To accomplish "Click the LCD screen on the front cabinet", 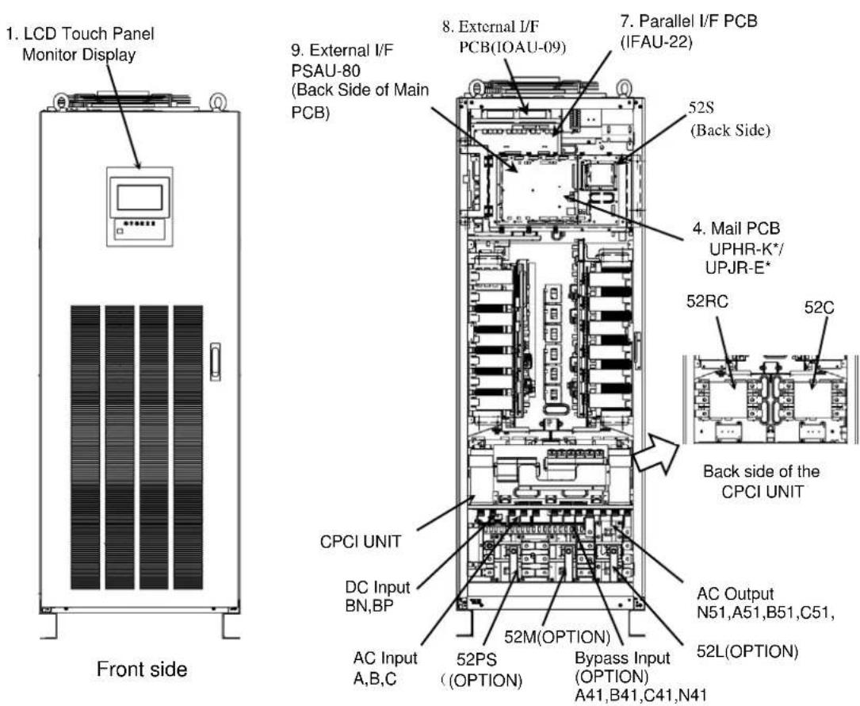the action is pos(140,198).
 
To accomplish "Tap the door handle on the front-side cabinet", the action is pos(216,362).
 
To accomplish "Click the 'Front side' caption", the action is pos(142,670).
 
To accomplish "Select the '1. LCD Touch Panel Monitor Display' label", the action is pos(80,44).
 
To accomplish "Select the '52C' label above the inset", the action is pos(819,308).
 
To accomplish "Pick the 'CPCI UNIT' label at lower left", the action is pos(361,542).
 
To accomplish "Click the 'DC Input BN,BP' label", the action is pos(377,597).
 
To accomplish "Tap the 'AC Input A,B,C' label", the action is pos(385,668).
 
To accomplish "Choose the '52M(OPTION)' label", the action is pos(557,637).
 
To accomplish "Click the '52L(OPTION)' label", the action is pos(747,651).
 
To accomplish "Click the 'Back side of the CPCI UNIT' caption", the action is pos(761,482).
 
